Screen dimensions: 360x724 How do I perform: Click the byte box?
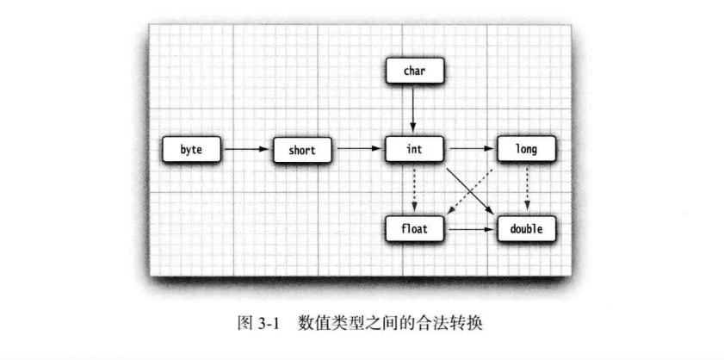tap(191, 150)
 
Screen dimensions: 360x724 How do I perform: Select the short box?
tap(302, 150)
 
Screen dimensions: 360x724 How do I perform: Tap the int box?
tap(414, 150)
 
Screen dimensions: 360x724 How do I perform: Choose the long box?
tap(526, 150)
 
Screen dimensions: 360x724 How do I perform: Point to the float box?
tap(414, 230)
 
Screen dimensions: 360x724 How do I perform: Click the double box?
tap(526, 230)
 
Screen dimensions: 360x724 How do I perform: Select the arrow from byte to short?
tap(246, 150)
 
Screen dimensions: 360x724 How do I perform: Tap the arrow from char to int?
tap(414, 110)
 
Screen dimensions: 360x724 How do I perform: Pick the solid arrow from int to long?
tap(470, 150)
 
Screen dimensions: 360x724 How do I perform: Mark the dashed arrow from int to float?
tap(414, 189)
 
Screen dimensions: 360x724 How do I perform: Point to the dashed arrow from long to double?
tap(526, 189)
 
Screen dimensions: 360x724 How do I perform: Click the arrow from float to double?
tap(470, 230)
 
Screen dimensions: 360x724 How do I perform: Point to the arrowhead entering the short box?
tap(268, 150)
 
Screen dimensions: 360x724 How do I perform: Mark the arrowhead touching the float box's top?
tap(414, 212)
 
